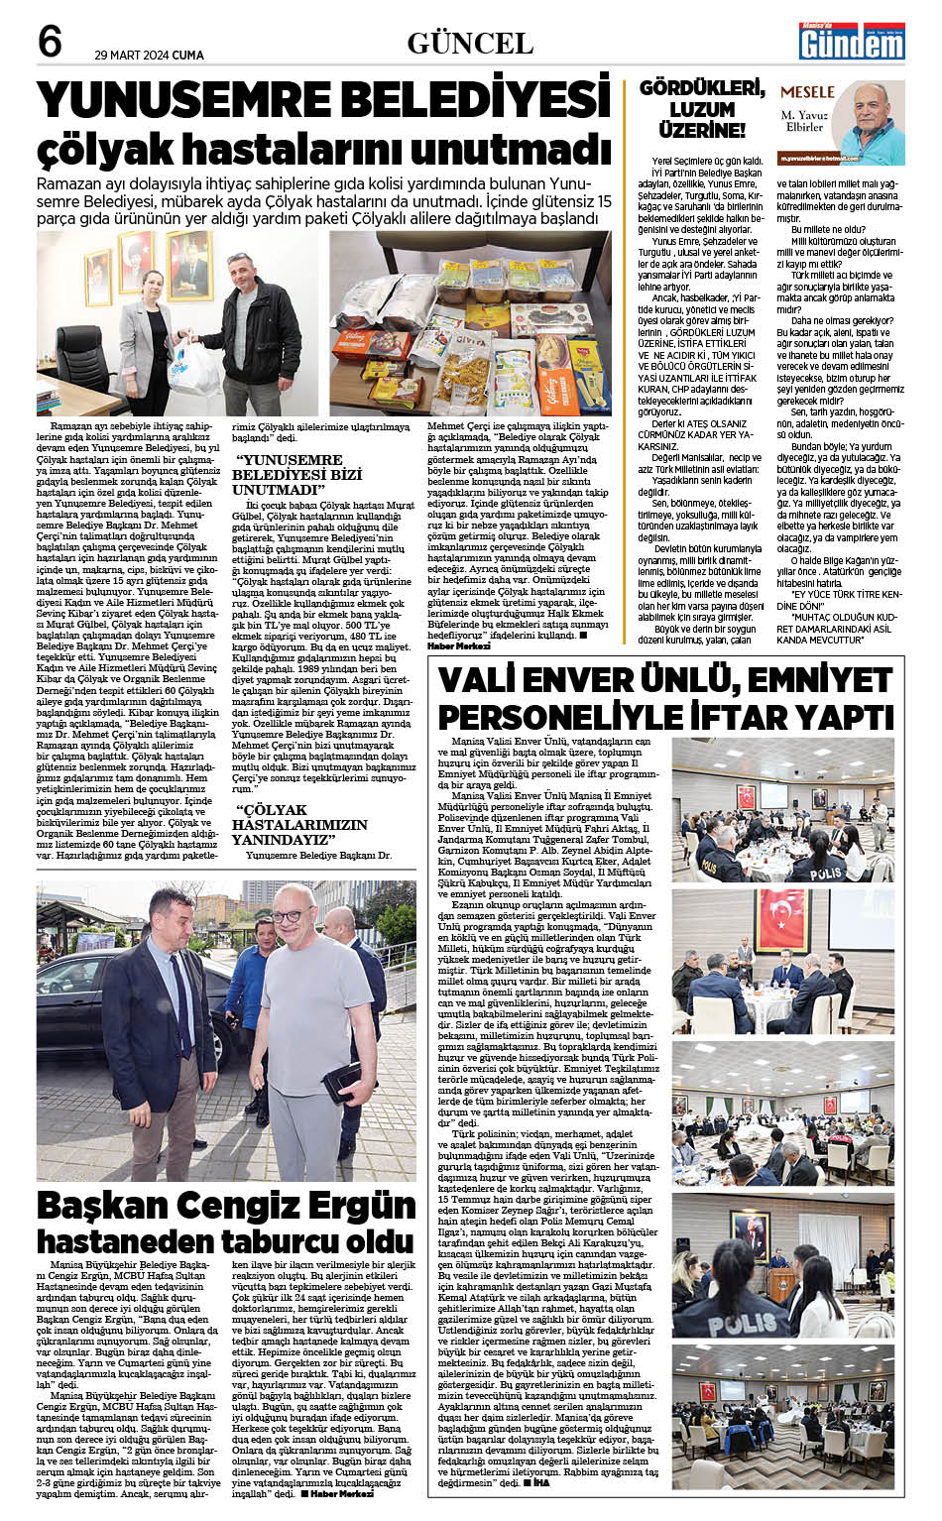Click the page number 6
tap(50, 42)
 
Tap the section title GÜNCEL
tap(470, 43)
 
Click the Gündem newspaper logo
tap(852, 43)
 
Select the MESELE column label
tap(807, 91)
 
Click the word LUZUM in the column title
tap(701, 109)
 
